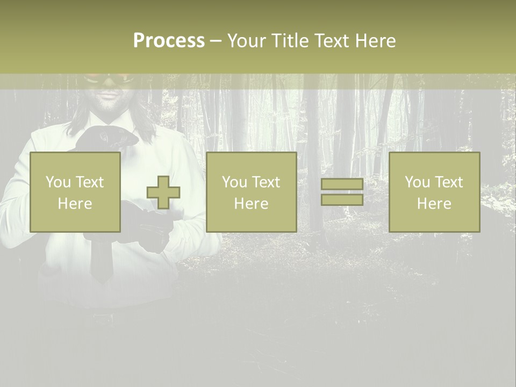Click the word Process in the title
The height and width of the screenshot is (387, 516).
[169, 41]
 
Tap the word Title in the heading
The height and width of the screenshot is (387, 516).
[289, 41]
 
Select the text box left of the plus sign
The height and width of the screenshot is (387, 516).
[75, 192]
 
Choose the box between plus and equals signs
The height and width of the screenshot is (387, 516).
[251, 192]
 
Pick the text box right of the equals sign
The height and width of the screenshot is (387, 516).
[434, 192]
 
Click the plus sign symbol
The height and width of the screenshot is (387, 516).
[163, 192]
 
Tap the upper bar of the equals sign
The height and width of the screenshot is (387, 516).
[342, 184]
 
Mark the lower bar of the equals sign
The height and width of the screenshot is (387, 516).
[342, 199]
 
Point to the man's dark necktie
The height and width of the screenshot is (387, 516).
[100, 258]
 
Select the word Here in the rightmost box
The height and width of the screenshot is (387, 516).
[434, 204]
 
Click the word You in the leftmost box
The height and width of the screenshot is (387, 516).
[58, 182]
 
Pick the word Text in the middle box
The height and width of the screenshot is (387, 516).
[266, 182]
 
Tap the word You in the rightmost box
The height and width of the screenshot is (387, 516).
[417, 182]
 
